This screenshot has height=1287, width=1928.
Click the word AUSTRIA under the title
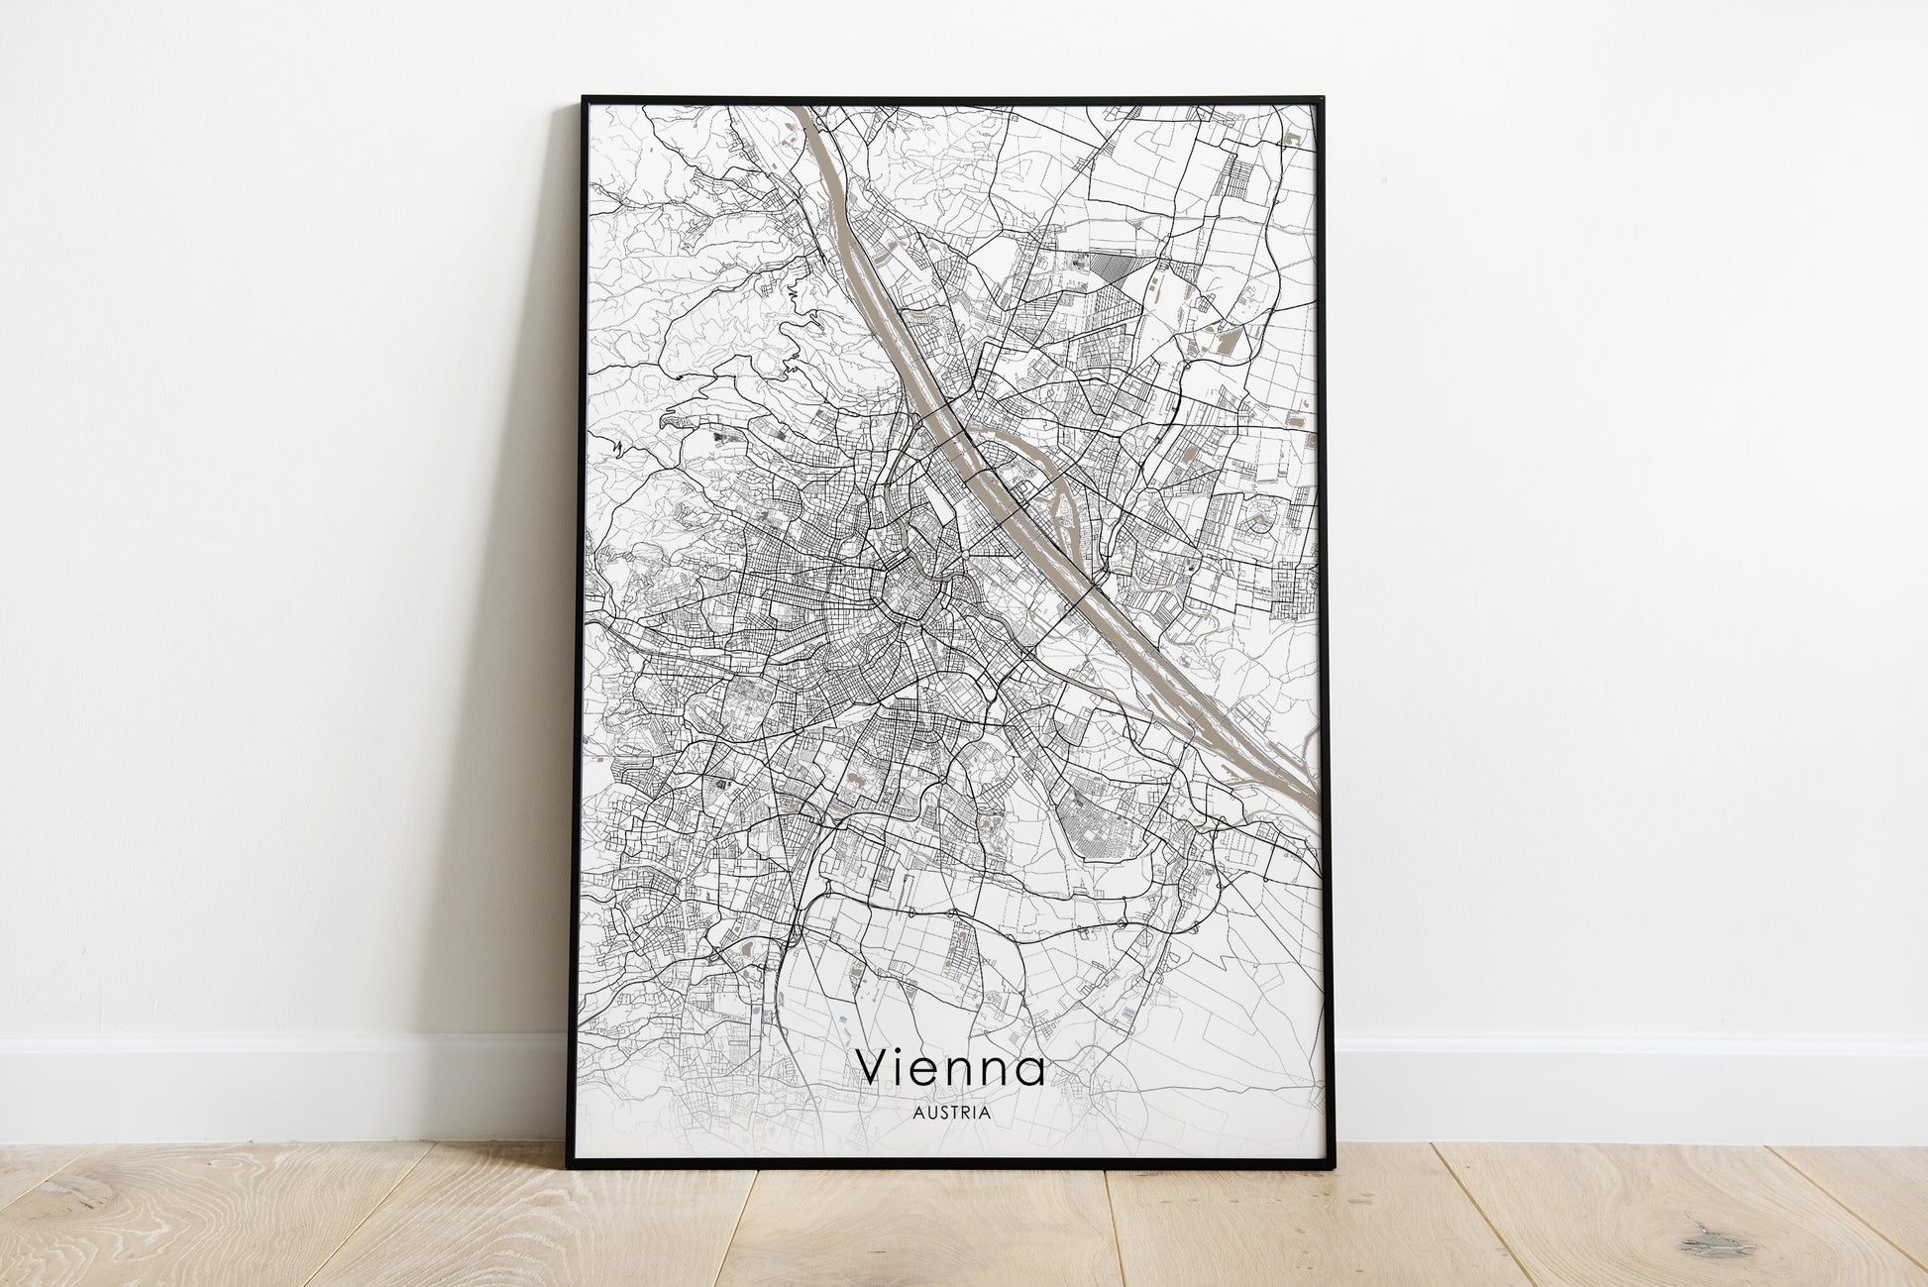[x=953, y=1112]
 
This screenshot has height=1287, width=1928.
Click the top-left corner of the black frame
[x=584, y=98]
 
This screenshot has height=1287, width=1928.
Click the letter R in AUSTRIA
[x=965, y=1112]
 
